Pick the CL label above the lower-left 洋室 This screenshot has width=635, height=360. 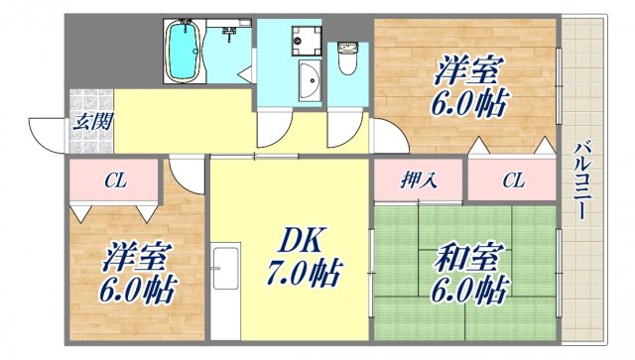tap(114, 180)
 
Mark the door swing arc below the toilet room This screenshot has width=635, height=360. tap(346, 127)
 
